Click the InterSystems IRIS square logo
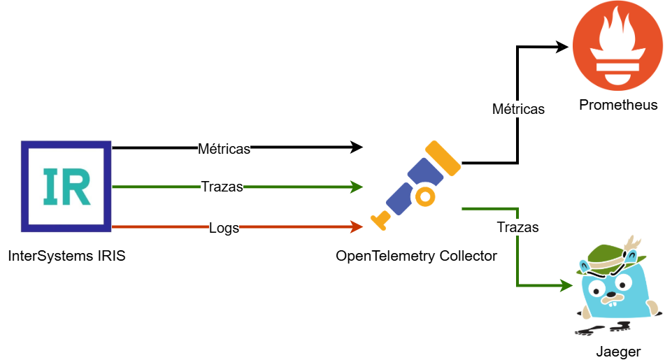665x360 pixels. pos(66,186)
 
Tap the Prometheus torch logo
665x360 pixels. pos(616,45)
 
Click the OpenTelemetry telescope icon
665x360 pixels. pos(415,185)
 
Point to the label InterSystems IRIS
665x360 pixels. pos(66,256)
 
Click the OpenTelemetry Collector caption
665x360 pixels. pos(416,256)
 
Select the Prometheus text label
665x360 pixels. pos(618,106)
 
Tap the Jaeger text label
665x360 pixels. pos(618,351)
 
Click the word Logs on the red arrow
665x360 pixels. pos(224,227)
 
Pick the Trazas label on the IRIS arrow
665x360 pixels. pos(222,187)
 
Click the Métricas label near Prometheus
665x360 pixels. pos(518,109)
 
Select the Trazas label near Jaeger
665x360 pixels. pos(517,227)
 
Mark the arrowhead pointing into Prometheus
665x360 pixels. pos(564,47)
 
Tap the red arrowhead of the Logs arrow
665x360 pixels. pos(357,226)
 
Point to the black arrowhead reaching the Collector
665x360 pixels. pos(357,147)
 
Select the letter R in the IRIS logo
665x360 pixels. pos(79,186)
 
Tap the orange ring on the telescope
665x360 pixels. pos(424,196)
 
